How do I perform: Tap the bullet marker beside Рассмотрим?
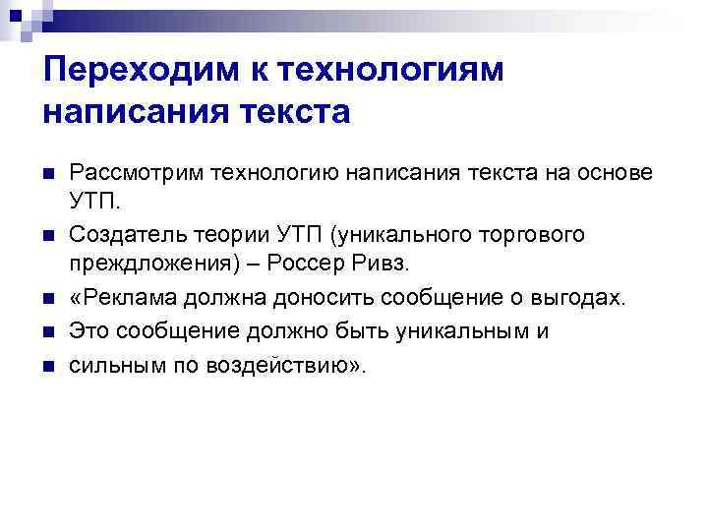tap(47, 174)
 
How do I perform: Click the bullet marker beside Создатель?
tap(47, 237)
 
